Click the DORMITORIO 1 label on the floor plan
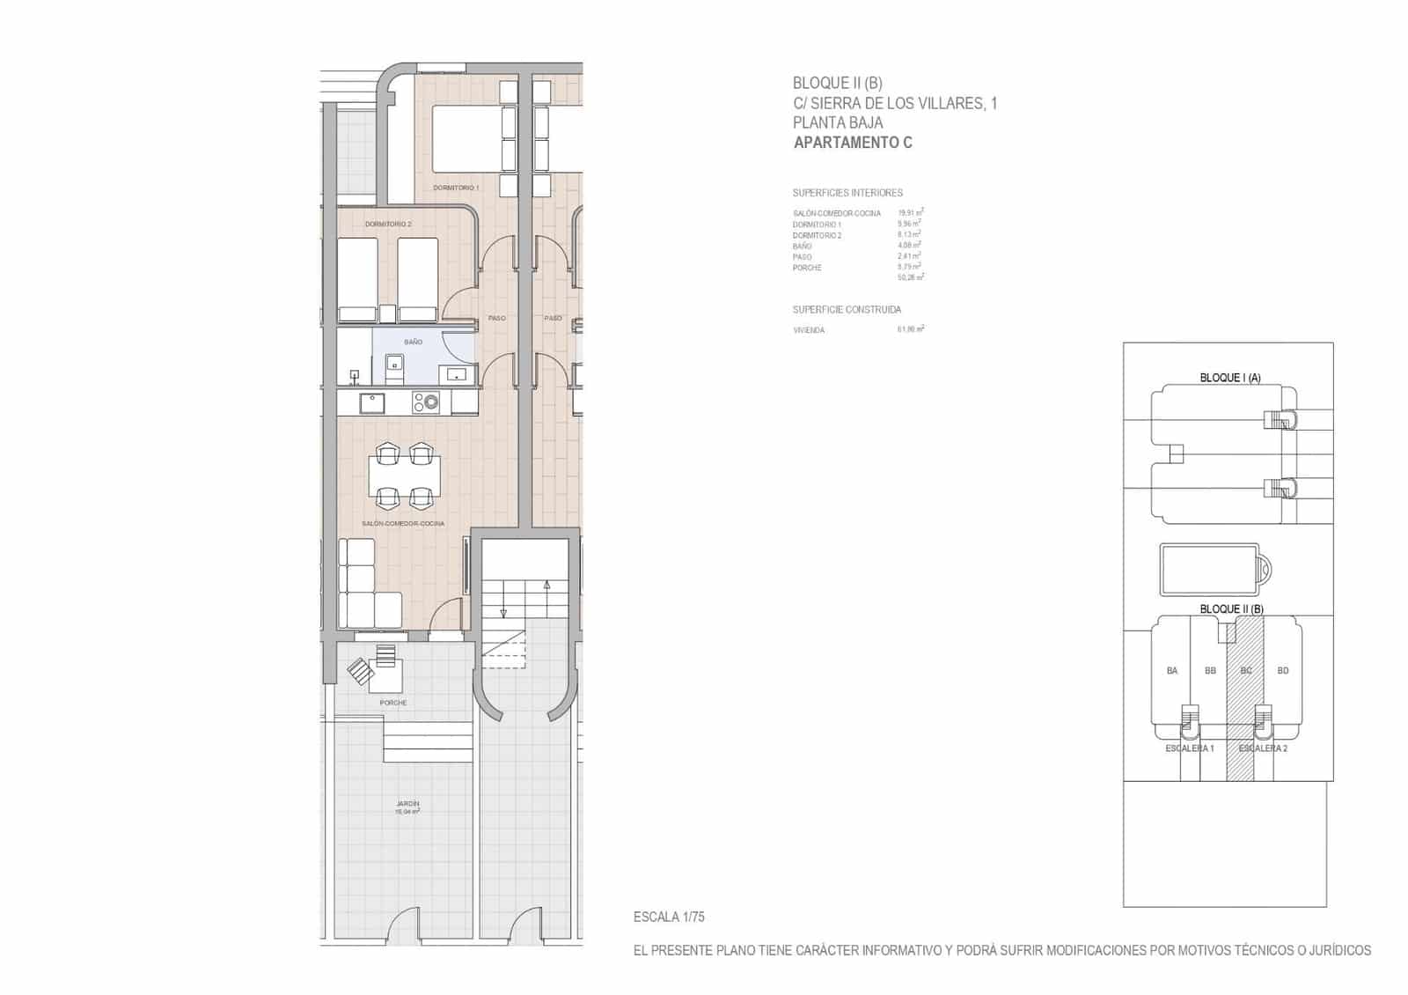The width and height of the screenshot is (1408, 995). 456,188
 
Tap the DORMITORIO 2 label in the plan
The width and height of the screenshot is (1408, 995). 388,225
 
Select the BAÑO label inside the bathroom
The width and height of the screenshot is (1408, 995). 413,342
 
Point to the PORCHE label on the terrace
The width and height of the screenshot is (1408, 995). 393,703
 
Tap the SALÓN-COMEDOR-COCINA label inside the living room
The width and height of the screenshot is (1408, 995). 403,524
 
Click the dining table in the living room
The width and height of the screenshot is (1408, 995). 405,476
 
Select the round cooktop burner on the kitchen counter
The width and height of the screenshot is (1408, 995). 430,402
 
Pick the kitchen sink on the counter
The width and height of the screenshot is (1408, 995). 371,402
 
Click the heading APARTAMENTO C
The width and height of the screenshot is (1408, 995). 853,143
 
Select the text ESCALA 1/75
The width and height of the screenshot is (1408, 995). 669,918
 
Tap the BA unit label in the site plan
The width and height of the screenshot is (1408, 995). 1172,671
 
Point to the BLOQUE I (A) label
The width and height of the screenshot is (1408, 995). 1230,378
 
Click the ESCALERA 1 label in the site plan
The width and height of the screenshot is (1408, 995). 1190,748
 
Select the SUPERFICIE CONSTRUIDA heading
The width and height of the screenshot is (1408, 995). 847,310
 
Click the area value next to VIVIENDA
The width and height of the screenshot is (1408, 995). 910,329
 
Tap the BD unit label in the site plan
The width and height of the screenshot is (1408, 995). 1283,671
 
